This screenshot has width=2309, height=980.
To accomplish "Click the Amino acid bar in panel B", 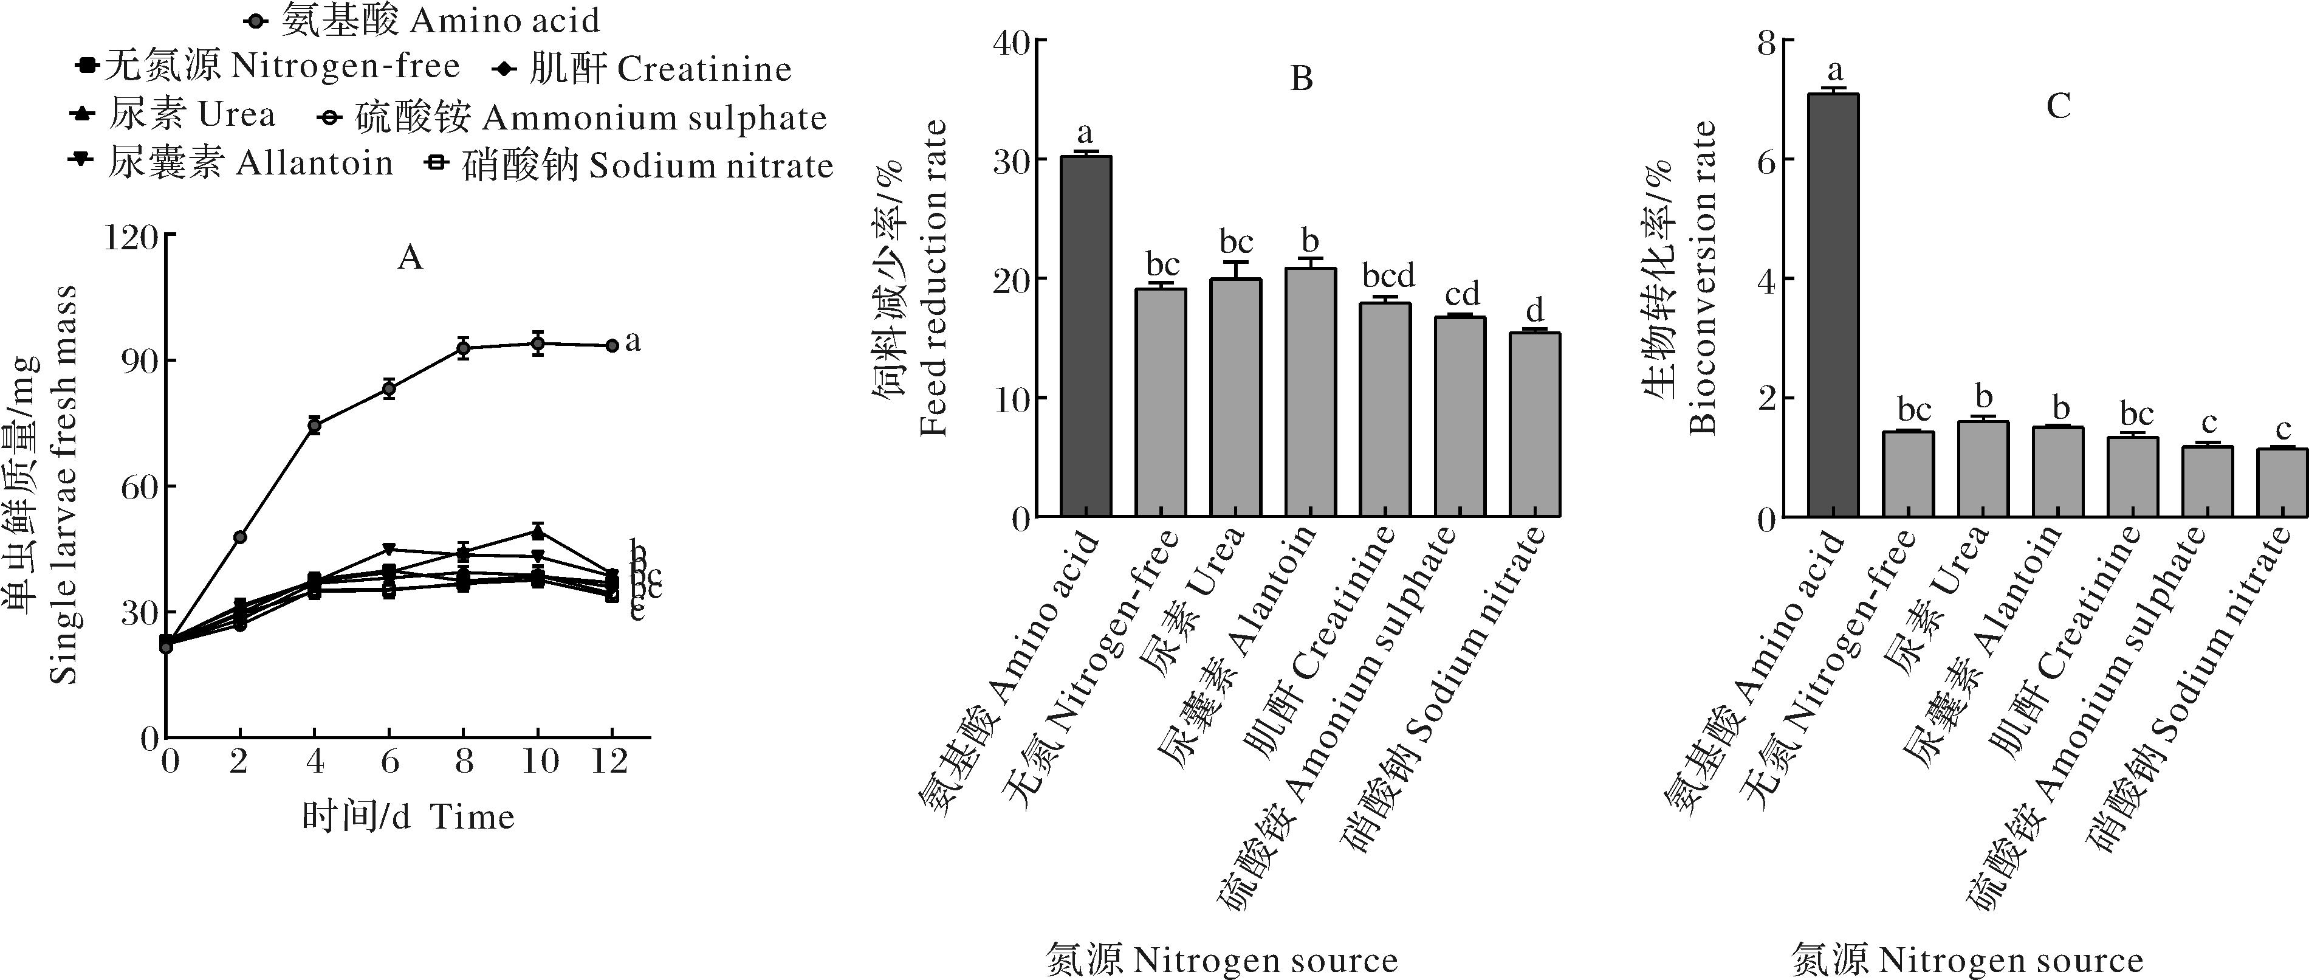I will pyautogui.click(x=1085, y=336).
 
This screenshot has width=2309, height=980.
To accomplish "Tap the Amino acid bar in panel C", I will pyautogui.click(x=1833, y=305).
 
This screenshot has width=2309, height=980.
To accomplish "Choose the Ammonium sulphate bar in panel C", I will pyautogui.click(x=2207, y=481).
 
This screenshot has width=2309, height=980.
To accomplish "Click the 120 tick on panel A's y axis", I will pyautogui.click(x=131, y=236).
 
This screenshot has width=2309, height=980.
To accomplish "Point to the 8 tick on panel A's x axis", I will pyautogui.click(x=464, y=762).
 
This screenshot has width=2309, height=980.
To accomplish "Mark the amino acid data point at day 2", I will pyautogui.click(x=239, y=537).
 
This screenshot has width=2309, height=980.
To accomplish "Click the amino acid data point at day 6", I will pyautogui.click(x=389, y=388).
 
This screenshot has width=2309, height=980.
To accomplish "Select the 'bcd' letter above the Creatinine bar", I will pyautogui.click(x=1388, y=275).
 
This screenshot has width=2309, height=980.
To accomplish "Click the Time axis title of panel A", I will pyautogui.click(x=408, y=817).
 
